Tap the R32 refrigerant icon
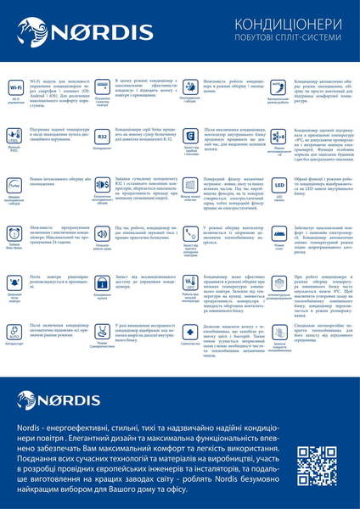[103, 136]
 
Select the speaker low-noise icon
[103, 232]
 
